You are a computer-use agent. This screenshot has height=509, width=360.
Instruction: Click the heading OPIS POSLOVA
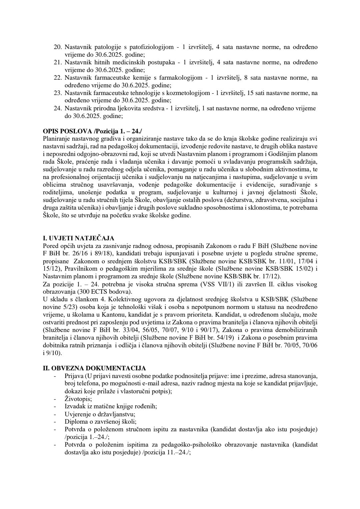pos(64,131)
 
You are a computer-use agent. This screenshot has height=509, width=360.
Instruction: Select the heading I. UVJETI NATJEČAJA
pos(79,238)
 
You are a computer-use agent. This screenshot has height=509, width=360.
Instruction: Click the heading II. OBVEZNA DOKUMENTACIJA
pos(94,368)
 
